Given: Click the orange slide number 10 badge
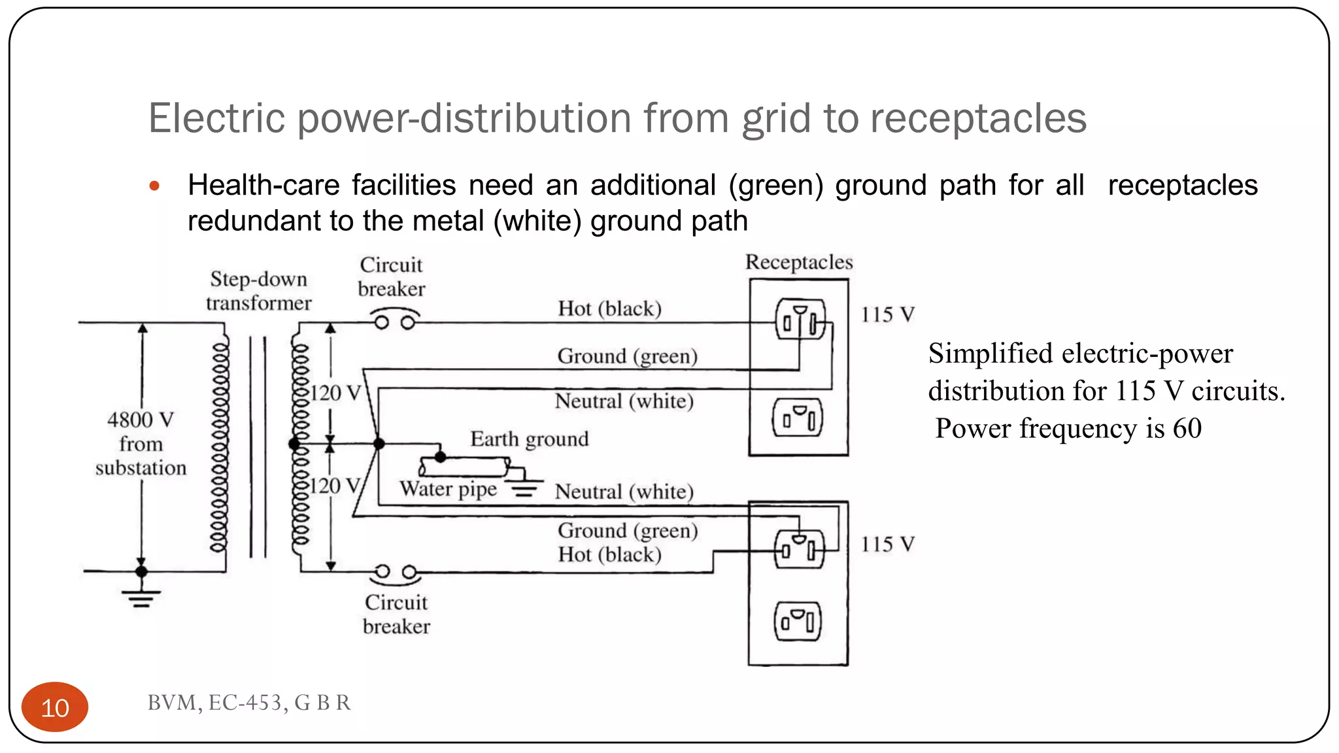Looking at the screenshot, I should (55, 707).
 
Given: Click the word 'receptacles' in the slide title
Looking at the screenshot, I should (978, 119).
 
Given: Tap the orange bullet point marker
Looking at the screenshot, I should (154, 186).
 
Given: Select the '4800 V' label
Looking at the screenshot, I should (141, 420).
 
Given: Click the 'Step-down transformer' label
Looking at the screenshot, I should (258, 291).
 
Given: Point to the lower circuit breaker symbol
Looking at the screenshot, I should (396, 573).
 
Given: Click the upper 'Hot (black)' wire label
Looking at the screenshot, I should (609, 309).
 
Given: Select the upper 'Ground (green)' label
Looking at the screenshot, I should (627, 356).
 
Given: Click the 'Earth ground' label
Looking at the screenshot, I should (529, 439).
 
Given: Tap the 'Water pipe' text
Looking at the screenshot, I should (449, 489).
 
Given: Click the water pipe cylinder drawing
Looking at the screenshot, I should (464, 467).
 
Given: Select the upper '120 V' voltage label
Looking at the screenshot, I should (335, 393).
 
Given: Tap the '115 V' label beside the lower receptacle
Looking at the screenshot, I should (887, 544).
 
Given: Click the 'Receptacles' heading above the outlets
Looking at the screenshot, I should (799, 263).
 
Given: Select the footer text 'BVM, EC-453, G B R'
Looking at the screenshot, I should (249, 703).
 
